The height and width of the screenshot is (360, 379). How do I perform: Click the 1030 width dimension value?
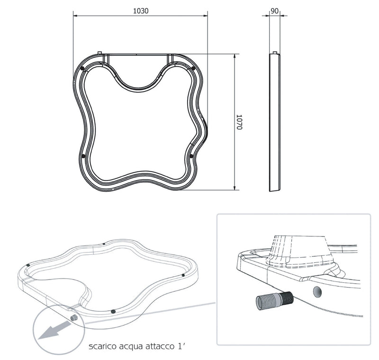tap(140, 11)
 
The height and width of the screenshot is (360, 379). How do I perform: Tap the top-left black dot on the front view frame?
tap(83, 69)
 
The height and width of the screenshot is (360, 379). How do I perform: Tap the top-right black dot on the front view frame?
tap(194, 68)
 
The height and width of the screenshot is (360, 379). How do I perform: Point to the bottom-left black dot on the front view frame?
tap(83, 156)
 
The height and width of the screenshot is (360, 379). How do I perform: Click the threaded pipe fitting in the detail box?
tap(273, 300)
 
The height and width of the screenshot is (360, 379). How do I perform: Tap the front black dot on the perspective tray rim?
tap(113, 311)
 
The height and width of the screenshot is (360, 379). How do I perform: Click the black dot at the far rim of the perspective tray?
tap(104, 244)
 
